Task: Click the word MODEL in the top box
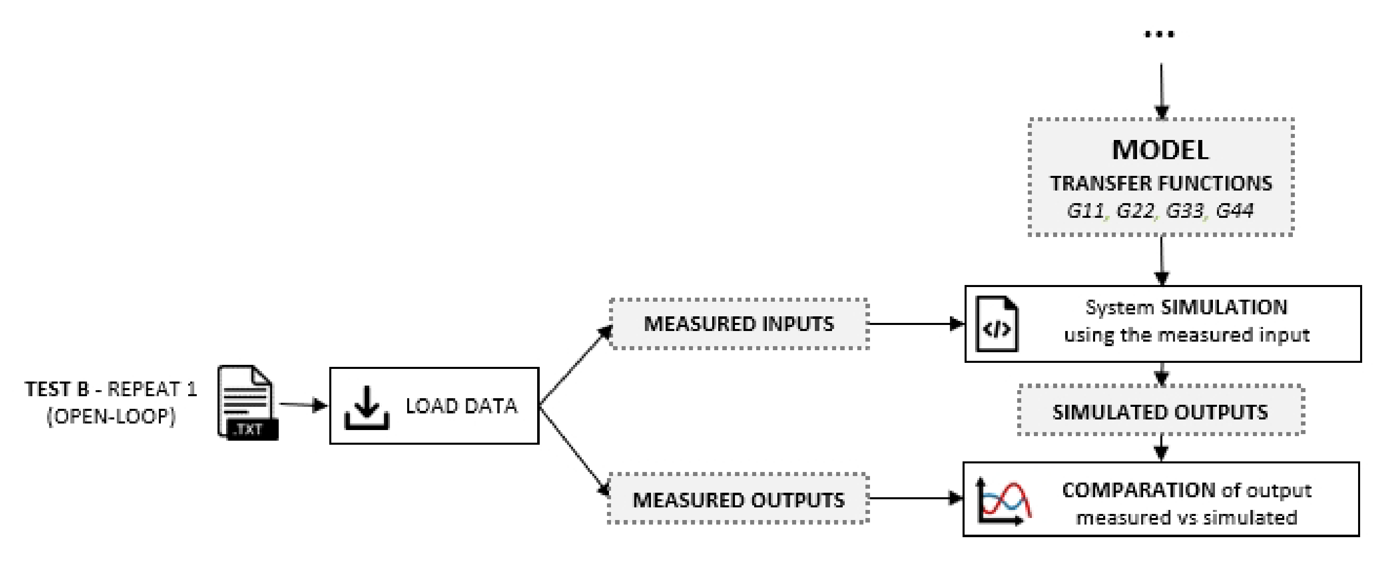pos(1160,150)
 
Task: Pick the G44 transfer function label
pos(1235,210)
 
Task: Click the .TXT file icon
pos(247,403)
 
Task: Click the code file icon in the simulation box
pos(996,324)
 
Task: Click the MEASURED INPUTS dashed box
pos(738,324)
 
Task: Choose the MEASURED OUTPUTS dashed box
pos(738,499)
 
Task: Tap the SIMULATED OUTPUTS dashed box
pos(1160,412)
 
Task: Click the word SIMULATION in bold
pos(1224,308)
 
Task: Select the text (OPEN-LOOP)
pos(111,416)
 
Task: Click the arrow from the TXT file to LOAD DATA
pos(304,404)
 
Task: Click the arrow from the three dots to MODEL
pos(1161,89)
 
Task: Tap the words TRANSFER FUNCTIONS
pos(1161,184)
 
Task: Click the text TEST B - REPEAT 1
pos(111,389)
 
